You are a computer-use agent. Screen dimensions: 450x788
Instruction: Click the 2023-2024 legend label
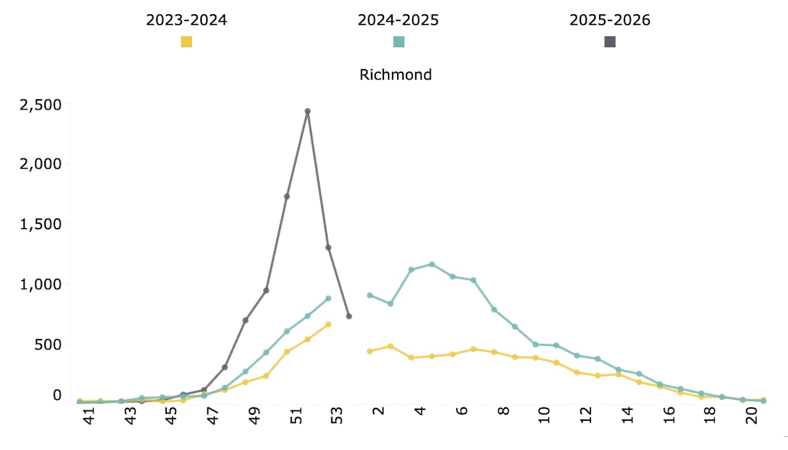pos(186,20)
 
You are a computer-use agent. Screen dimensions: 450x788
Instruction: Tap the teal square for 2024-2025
pos(398,42)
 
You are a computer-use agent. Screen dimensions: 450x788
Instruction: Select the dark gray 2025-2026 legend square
pos(610,42)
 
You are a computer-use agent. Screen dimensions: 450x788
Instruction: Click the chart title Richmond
pos(395,75)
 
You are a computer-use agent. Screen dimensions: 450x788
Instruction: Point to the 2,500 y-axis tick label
pos(41,105)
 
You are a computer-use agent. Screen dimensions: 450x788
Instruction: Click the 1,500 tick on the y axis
pos(41,224)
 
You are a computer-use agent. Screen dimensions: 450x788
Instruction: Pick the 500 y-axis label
pos(49,344)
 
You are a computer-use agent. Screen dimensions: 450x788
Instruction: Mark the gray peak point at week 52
pos(307,112)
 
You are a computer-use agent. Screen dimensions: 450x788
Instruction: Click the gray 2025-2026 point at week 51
pos(287,197)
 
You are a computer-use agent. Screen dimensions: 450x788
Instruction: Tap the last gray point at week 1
pos(349,316)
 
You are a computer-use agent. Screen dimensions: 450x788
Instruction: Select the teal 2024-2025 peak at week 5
pos(432,264)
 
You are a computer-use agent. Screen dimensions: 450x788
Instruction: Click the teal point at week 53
pos(328,298)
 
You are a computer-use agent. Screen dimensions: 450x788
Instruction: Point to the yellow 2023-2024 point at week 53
pos(328,324)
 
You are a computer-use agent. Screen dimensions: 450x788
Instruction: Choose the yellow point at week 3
pos(390,346)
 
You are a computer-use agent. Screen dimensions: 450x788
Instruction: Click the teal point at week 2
pos(369,295)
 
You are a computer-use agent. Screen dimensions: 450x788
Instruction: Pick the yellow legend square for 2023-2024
pos(186,42)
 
